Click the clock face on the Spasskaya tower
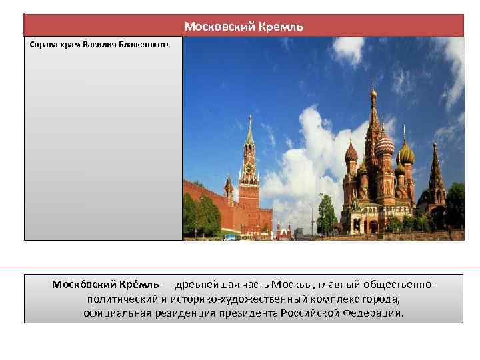coord(249,168)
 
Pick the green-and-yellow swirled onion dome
coord(405,155)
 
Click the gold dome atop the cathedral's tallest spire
coord(373,92)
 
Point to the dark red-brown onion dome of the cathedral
coord(351,154)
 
